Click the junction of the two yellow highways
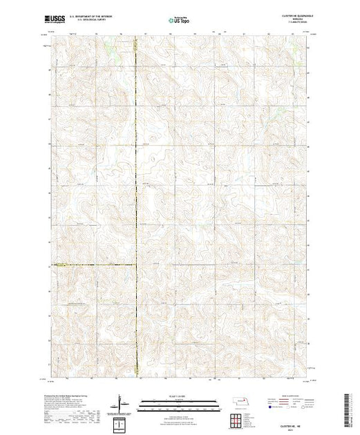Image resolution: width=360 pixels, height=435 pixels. pyautogui.click(x=135, y=264)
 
